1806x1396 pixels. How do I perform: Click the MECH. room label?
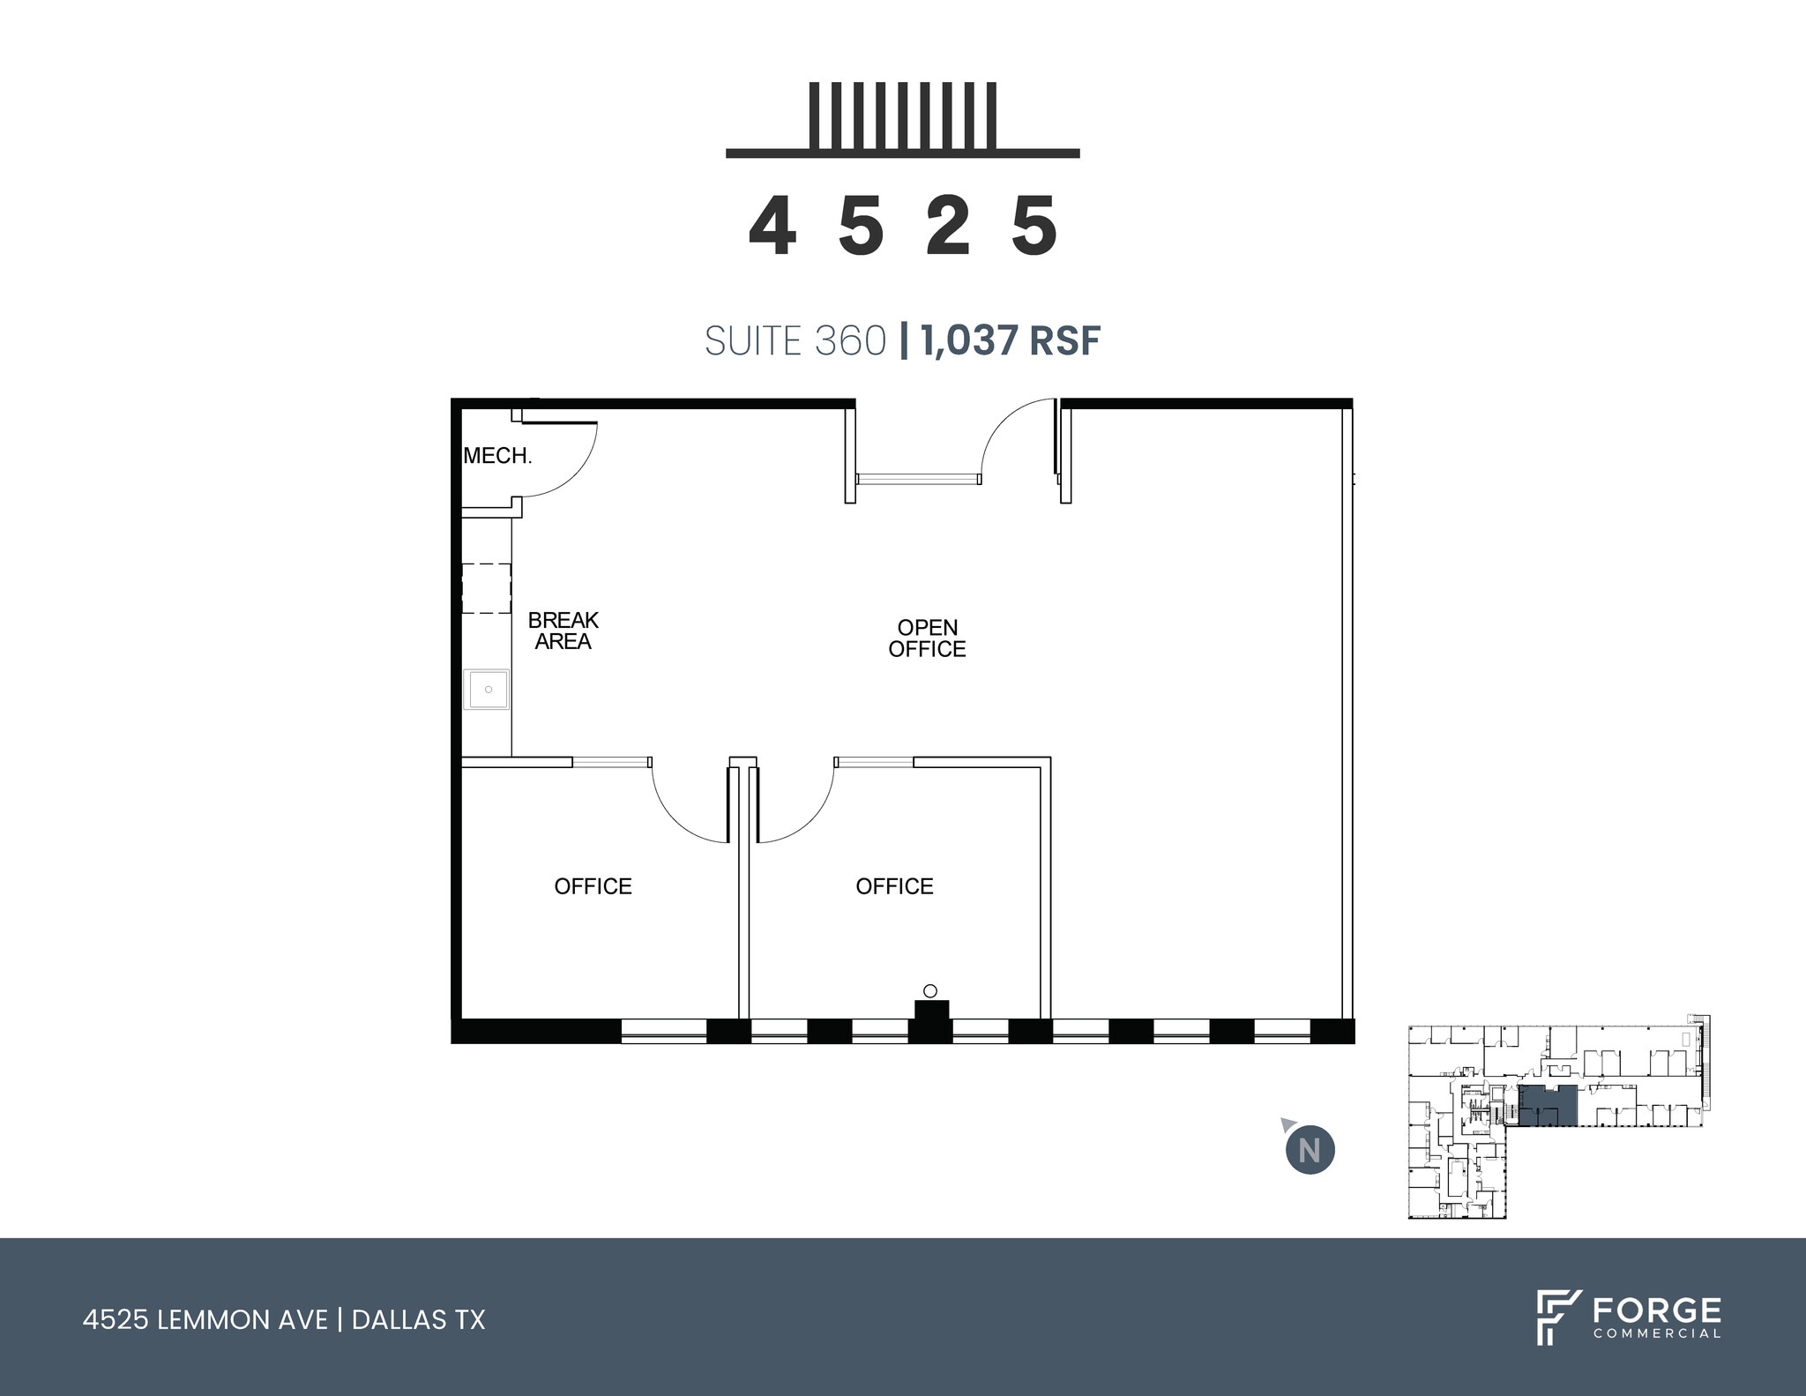click(x=497, y=456)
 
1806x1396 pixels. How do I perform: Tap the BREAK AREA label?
click(x=563, y=631)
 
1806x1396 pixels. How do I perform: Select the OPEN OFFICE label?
click(x=927, y=638)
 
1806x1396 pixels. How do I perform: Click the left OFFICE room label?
click(x=593, y=886)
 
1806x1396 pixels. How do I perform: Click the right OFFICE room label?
click(x=894, y=886)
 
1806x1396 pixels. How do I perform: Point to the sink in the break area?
click(x=487, y=689)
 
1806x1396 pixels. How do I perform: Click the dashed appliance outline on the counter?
click(x=487, y=588)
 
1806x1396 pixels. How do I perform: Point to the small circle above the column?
click(x=929, y=990)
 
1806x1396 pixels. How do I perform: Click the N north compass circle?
click(x=1310, y=1151)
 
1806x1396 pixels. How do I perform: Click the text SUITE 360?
click(x=795, y=341)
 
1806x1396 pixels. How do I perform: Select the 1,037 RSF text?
click(x=1011, y=341)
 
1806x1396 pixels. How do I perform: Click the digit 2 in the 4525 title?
click(x=949, y=227)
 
